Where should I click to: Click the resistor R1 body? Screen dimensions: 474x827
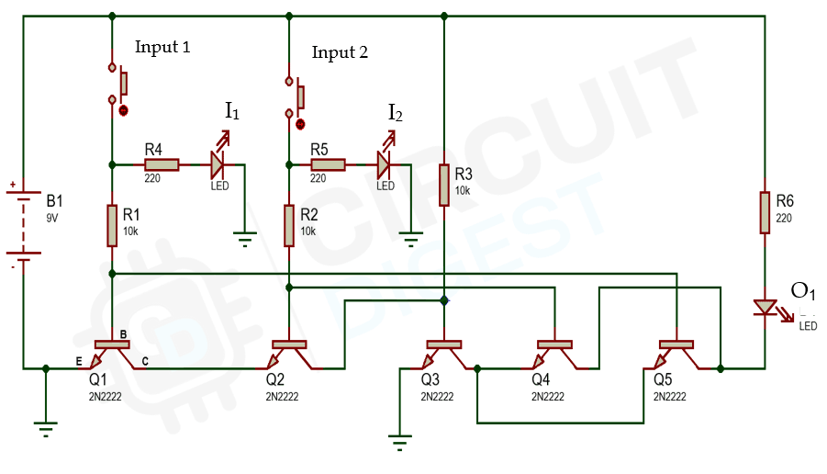(112, 226)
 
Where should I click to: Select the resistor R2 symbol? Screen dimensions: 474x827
(289, 226)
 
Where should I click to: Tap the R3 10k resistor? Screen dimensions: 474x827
(443, 185)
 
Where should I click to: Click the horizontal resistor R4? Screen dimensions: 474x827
(162, 164)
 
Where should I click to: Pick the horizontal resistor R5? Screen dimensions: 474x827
(328, 164)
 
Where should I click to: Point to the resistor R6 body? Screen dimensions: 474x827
(764, 212)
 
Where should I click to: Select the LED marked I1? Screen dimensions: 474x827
(218, 164)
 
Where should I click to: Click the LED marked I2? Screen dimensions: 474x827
(384, 164)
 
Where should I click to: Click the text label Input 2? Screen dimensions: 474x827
(340, 53)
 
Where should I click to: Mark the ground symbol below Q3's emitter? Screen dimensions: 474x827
(399, 443)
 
